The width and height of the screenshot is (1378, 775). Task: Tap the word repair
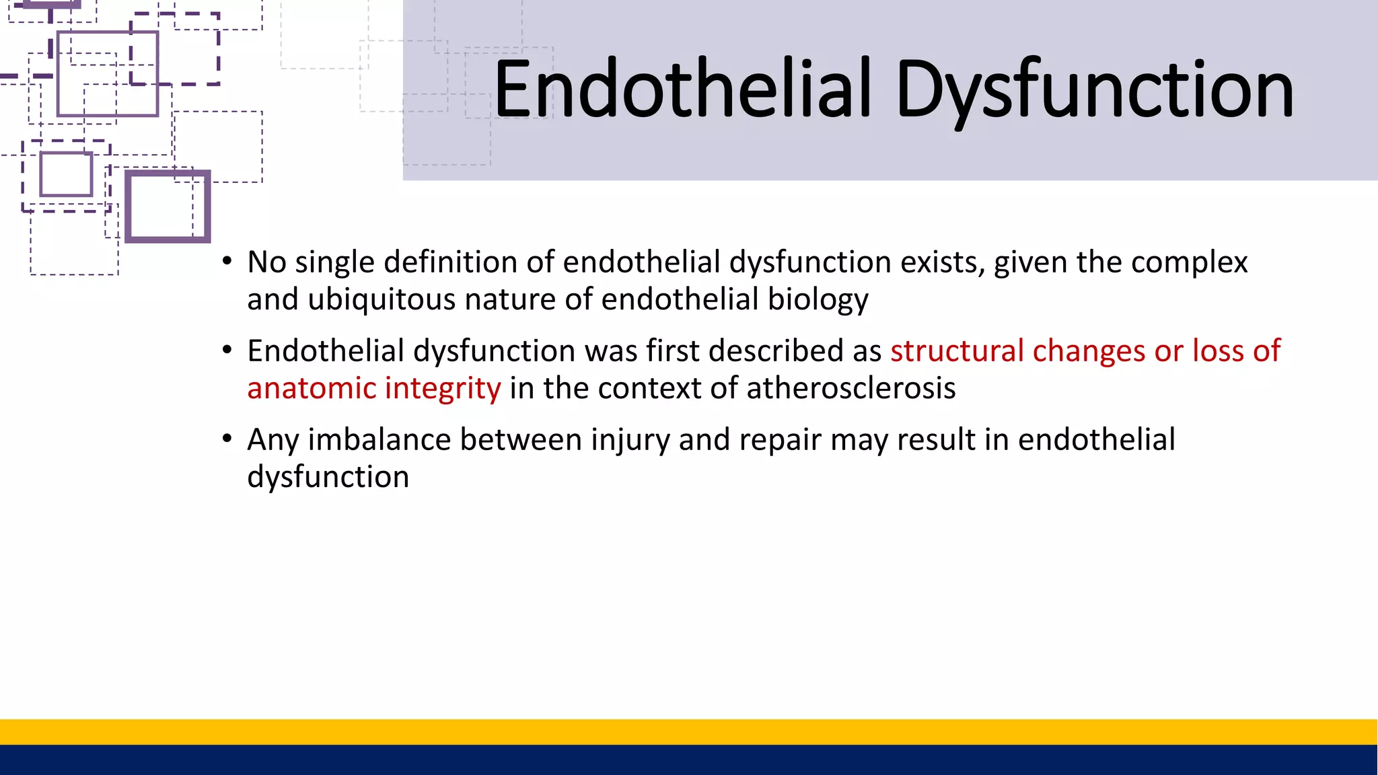tap(780, 441)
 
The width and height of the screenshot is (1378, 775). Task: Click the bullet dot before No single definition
tap(227, 262)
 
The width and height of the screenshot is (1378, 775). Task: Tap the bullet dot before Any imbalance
tap(227, 439)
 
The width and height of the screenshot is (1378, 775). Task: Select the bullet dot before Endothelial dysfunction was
tap(227, 350)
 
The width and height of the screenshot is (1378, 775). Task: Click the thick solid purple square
tap(168, 174)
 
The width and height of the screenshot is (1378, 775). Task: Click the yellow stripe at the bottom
tap(689, 731)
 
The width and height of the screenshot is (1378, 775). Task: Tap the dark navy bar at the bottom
tap(689, 760)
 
